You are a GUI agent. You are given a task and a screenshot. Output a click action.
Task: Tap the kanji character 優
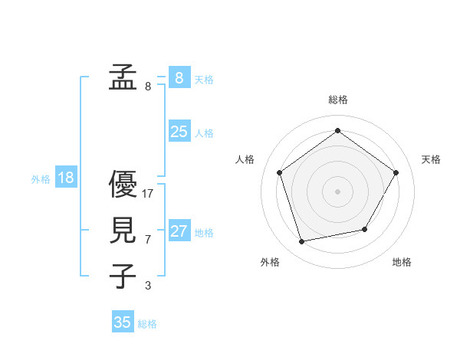[123, 184]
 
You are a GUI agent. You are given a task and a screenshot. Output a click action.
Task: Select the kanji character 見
[123, 230]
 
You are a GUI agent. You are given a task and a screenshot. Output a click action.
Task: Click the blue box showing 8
[179, 77]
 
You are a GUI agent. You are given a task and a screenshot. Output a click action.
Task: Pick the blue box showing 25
[179, 132]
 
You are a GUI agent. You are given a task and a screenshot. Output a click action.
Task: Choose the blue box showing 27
[179, 231]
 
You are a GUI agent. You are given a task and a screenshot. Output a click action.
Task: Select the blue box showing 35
[123, 322]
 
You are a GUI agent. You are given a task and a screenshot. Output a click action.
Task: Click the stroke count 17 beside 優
[148, 194]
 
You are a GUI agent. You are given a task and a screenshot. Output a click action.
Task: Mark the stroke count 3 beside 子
[148, 286]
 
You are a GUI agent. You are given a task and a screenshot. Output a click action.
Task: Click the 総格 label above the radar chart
[337, 100]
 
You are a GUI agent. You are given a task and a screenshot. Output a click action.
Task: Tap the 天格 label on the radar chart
[431, 159]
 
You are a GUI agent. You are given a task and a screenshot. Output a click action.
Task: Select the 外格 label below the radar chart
[270, 263]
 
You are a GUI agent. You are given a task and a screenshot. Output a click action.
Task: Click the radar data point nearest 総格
[337, 131]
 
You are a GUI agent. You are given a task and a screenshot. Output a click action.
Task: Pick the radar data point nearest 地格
[365, 229]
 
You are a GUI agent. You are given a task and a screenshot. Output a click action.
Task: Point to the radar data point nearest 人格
[279, 172]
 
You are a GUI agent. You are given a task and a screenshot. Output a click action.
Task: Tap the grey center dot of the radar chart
[337, 191]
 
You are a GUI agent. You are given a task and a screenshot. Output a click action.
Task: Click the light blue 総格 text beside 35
[147, 324]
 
